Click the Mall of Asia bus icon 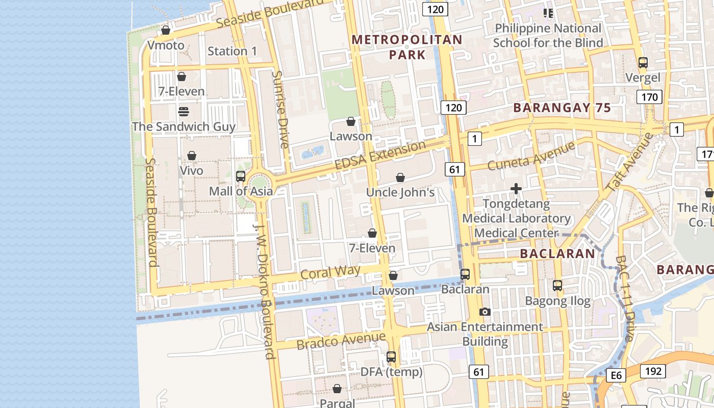(x=241, y=176)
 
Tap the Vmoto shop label (x=166, y=45)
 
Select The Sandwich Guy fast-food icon (x=184, y=111)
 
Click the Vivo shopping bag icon (x=192, y=156)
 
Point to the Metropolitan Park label (x=407, y=47)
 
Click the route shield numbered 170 (x=649, y=97)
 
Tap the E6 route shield (x=616, y=376)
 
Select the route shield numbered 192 (x=653, y=371)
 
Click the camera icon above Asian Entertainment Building (x=485, y=312)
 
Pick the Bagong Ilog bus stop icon (x=557, y=286)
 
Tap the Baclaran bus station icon (x=465, y=274)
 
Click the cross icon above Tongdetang (x=516, y=189)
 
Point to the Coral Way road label (x=330, y=272)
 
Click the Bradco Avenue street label (x=341, y=340)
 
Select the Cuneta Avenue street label (x=531, y=156)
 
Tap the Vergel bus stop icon (x=643, y=63)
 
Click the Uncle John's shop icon (x=400, y=177)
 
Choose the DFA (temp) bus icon (x=391, y=357)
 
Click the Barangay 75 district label (x=562, y=108)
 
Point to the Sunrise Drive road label (x=280, y=109)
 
